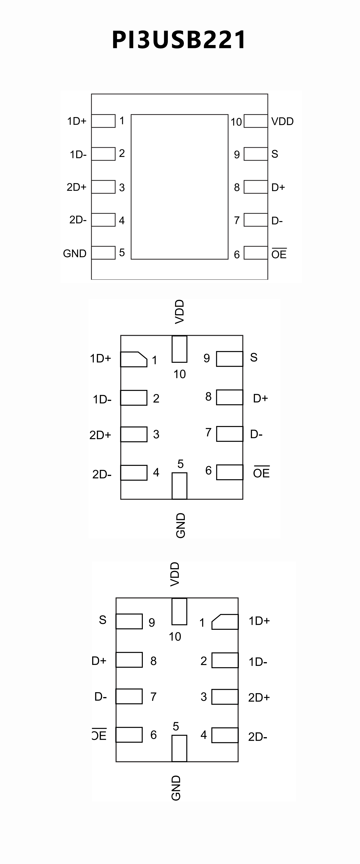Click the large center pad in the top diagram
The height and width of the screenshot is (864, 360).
[x=179, y=187]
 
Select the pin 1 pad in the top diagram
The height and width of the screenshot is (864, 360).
[x=103, y=121]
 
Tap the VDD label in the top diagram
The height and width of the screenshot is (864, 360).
[x=282, y=121]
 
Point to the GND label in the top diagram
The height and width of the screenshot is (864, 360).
[x=75, y=253]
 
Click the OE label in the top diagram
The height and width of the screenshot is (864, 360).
[x=279, y=254]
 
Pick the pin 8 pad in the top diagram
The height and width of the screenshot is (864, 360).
[x=256, y=187]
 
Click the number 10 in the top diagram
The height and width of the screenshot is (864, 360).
[x=236, y=122]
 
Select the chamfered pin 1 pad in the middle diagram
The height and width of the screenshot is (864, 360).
[x=133, y=359]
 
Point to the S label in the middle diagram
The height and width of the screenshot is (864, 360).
[x=254, y=358]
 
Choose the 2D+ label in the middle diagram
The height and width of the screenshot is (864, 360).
[x=100, y=435]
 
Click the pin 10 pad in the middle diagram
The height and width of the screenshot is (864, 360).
[x=179, y=349]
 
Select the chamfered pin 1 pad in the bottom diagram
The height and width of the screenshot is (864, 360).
[x=225, y=622]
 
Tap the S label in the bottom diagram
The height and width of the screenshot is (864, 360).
[x=103, y=620]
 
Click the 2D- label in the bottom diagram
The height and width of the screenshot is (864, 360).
[x=258, y=737]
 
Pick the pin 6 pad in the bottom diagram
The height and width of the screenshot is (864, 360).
[x=129, y=735]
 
